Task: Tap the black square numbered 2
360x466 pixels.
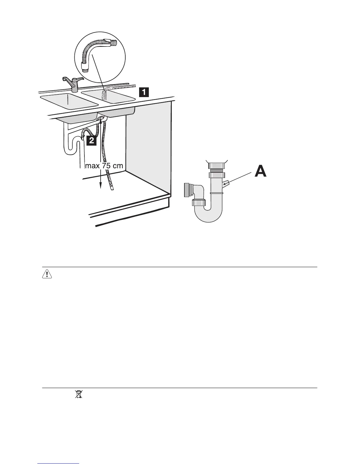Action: coord(91,140)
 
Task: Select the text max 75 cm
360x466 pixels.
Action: coord(104,166)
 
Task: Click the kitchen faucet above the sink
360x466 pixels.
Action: coord(72,84)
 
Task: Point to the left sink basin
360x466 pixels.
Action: coord(69,101)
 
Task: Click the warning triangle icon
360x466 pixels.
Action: coord(45,274)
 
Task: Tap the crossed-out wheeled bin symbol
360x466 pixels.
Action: coord(78,394)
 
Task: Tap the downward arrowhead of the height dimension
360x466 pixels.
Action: coord(101,185)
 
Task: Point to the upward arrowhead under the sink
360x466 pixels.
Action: coord(101,121)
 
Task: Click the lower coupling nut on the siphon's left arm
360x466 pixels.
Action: coord(199,202)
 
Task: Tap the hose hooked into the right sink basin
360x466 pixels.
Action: coord(103,95)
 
